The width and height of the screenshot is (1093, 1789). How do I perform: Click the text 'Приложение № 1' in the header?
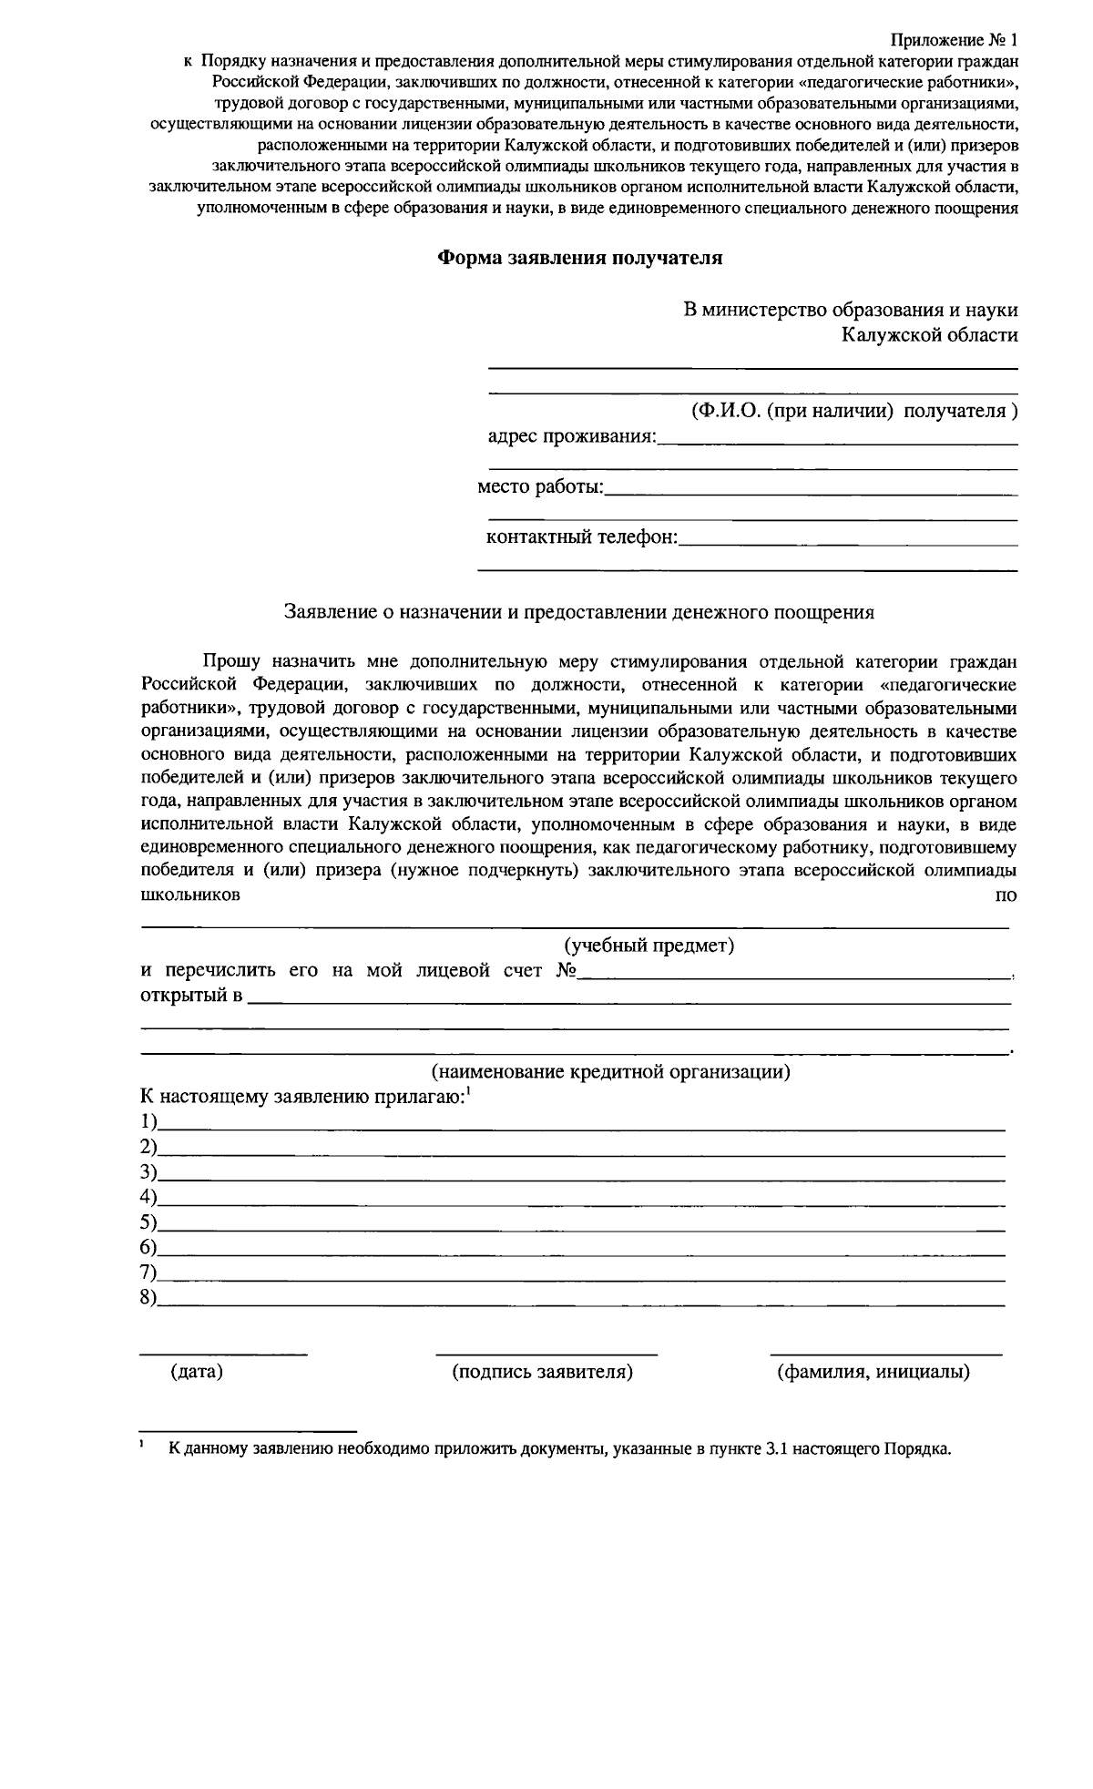pyautogui.click(x=953, y=41)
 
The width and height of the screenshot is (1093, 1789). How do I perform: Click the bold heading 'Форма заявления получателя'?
pyautogui.click(x=580, y=259)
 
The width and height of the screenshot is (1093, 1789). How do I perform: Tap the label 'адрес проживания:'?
pyautogui.click(x=572, y=436)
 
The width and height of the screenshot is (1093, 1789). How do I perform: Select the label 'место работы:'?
pyautogui.click(x=541, y=487)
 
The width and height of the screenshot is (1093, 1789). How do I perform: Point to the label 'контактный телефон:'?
pyautogui.click(x=582, y=537)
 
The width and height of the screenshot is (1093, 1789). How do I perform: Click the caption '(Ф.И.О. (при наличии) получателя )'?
pyautogui.click(x=853, y=411)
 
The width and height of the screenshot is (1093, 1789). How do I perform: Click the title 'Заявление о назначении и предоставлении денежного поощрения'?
pyautogui.click(x=579, y=612)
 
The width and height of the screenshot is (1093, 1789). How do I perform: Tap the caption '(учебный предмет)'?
pyautogui.click(x=649, y=946)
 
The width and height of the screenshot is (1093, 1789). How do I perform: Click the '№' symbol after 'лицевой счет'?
pyautogui.click(x=567, y=971)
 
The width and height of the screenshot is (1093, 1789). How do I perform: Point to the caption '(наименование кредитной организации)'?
pyautogui.click(x=610, y=1071)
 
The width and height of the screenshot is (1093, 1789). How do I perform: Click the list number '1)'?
pyautogui.click(x=148, y=1121)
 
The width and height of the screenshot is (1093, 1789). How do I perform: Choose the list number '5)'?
pyautogui.click(x=148, y=1222)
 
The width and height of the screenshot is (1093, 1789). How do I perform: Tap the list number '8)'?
pyautogui.click(x=148, y=1298)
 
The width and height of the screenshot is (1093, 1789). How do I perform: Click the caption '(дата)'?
pyautogui.click(x=197, y=1372)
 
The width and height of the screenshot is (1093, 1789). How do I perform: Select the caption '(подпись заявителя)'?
pyautogui.click(x=542, y=1372)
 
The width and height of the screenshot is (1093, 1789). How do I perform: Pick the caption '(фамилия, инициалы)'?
pyautogui.click(x=873, y=1372)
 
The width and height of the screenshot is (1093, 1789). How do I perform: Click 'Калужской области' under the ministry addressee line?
pyautogui.click(x=929, y=335)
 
